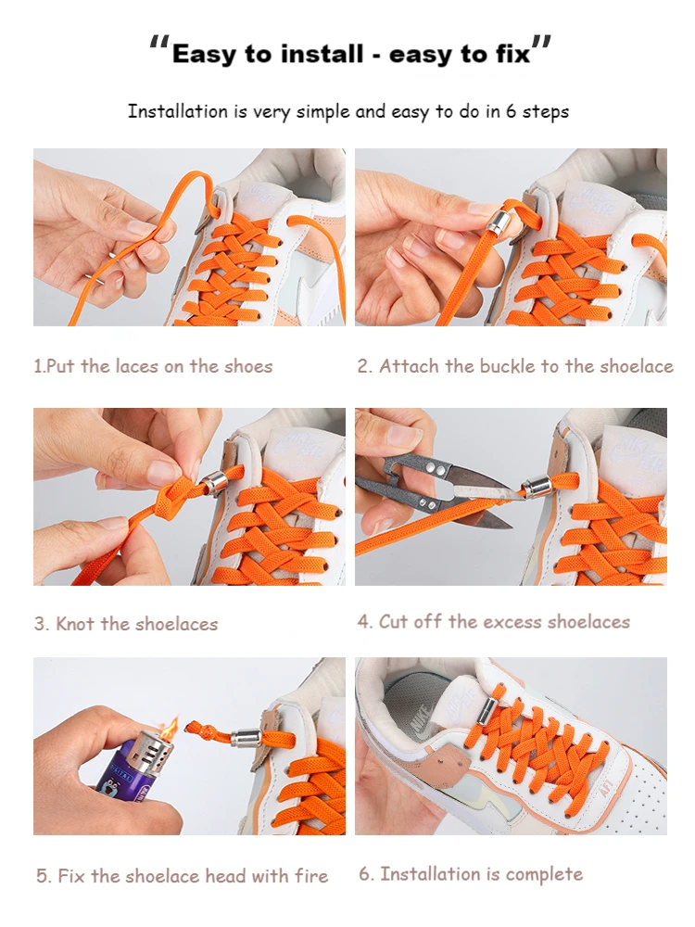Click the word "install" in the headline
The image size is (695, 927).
pos(321,54)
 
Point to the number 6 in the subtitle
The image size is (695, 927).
pos(511,111)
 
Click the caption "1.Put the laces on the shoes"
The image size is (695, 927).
pos(153,366)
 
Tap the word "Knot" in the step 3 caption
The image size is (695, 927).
pos(75,624)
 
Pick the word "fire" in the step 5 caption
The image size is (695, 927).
pos(310,876)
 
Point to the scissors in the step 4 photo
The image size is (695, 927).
pos(436,491)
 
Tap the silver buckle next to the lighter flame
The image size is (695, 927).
pos(246,738)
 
